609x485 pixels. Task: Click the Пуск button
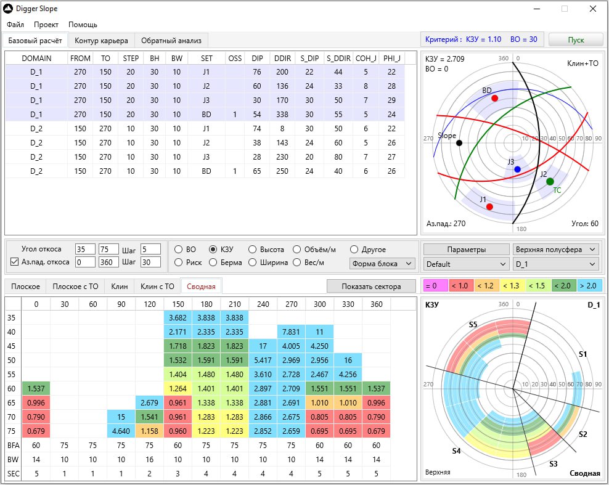[576, 40]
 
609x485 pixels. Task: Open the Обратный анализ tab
[171, 41]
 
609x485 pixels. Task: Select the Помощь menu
[83, 25]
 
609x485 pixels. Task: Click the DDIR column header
[282, 59]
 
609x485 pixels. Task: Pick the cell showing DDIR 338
[282, 115]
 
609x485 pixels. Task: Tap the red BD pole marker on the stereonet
[494, 98]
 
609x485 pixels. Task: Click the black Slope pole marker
[459, 143]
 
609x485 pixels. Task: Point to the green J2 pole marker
[550, 181]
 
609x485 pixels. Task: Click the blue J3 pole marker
[517, 169]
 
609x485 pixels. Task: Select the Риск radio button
[179, 263]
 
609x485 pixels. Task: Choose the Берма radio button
[213, 263]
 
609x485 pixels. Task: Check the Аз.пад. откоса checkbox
[14, 262]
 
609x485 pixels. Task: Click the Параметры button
[466, 250]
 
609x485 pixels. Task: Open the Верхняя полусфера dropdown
[556, 250]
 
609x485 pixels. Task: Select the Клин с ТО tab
[157, 286]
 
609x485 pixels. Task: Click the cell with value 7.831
[292, 332]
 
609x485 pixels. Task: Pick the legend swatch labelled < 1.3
[511, 286]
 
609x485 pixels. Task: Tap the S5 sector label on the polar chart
[473, 325]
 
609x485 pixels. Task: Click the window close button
[593, 9]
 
